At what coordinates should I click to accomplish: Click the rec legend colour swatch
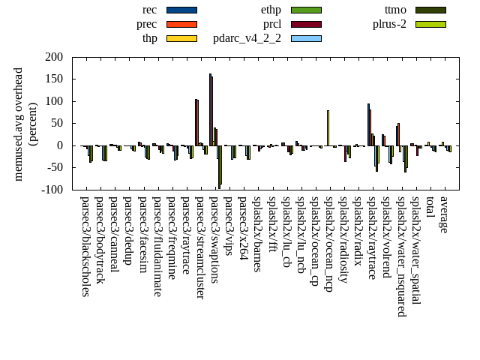(181, 10)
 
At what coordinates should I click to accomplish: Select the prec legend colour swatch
(181, 24)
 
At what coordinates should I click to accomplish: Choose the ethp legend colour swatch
(306, 10)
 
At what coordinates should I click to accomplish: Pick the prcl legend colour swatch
(306, 24)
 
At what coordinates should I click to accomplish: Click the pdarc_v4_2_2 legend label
(247, 38)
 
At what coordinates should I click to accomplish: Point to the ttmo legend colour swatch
(430, 10)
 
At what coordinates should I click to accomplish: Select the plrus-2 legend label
(389, 24)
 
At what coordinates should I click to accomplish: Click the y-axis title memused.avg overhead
(19, 124)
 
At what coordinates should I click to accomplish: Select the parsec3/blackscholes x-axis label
(85, 246)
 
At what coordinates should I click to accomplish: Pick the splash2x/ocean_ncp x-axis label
(328, 244)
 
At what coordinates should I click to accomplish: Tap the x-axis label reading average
(444, 214)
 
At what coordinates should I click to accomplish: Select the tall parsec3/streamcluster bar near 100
(196, 122)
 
